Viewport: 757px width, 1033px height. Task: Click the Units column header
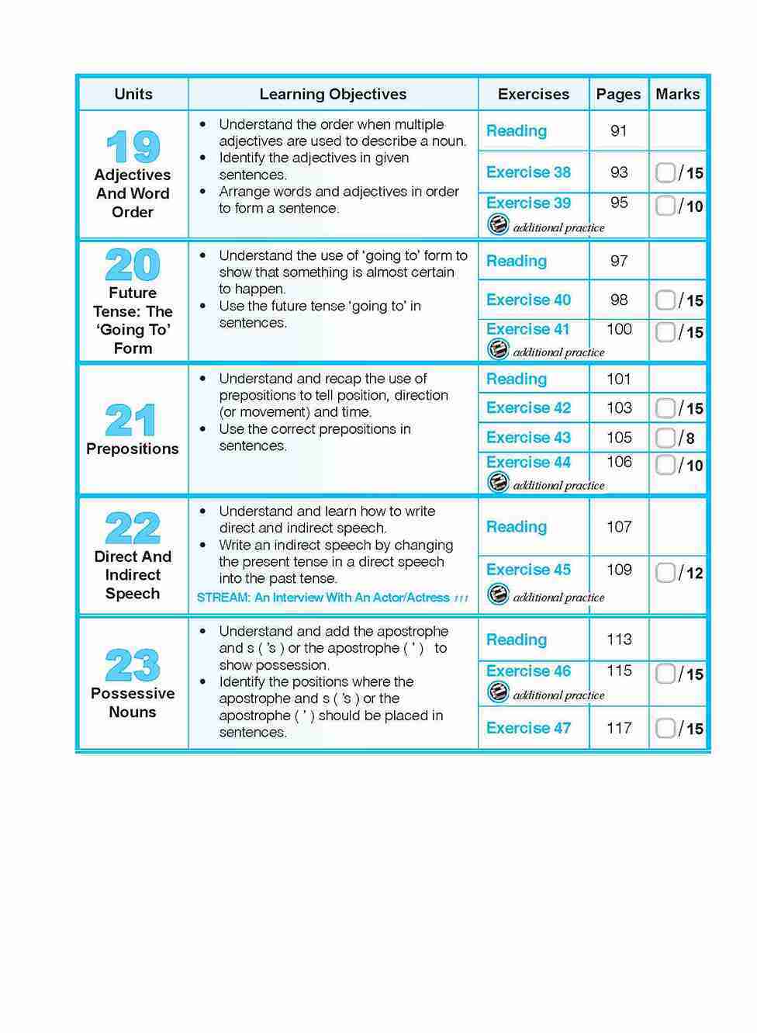tap(133, 94)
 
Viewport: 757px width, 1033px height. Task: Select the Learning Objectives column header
tap(333, 94)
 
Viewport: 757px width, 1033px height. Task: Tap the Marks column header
tap(677, 94)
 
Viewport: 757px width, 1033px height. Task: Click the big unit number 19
tap(133, 147)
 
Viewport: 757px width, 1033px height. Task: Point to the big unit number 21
tap(132, 421)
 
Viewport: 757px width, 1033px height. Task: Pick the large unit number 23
tap(133, 665)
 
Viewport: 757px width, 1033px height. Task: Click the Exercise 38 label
tap(528, 172)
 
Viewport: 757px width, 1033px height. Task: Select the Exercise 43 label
tap(528, 438)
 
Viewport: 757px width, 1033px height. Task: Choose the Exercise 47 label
tap(528, 728)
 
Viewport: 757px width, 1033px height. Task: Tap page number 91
tap(618, 131)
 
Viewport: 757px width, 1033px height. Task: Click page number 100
tap(619, 329)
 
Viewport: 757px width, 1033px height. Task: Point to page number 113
tap(619, 640)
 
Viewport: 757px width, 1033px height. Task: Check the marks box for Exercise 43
tap(665, 438)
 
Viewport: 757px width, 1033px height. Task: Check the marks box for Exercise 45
tap(665, 573)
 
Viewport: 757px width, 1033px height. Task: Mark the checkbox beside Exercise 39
tap(665, 206)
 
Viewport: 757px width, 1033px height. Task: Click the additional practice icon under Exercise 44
tap(498, 484)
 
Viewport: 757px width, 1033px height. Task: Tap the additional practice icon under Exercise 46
tap(498, 693)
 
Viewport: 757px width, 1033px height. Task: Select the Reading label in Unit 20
tap(517, 262)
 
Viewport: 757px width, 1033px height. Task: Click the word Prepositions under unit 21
tap(133, 449)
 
